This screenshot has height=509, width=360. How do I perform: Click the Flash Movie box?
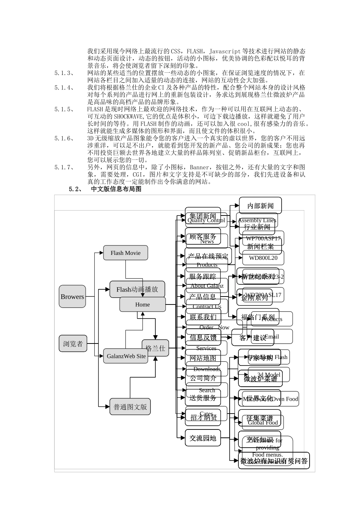coord(125,253)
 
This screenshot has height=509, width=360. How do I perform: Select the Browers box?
coord(72,297)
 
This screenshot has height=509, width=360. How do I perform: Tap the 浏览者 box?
coord(73,344)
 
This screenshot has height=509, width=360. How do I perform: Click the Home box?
coord(142,304)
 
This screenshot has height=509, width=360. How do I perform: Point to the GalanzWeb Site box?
coord(126,356)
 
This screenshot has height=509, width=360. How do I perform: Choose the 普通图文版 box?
coord(130,407)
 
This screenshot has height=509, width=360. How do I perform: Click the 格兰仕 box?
coord(155,348)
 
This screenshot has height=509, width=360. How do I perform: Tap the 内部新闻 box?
coord(260,206)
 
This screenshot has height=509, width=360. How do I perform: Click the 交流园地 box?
coord(203,438)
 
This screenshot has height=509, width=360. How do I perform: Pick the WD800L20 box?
coord(263,258)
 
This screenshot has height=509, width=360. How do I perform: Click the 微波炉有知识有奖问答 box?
coord(274,461)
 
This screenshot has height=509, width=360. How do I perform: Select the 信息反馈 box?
coord(203,337)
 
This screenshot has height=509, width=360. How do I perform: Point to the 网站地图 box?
coord(203,358)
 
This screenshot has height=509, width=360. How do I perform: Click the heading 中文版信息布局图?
coord(116,189)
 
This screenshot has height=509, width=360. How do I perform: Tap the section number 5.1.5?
coord(64,109)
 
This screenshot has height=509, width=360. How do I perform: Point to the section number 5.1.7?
coord(64,167)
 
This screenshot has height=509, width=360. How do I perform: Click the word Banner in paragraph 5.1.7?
coord(199,167)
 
